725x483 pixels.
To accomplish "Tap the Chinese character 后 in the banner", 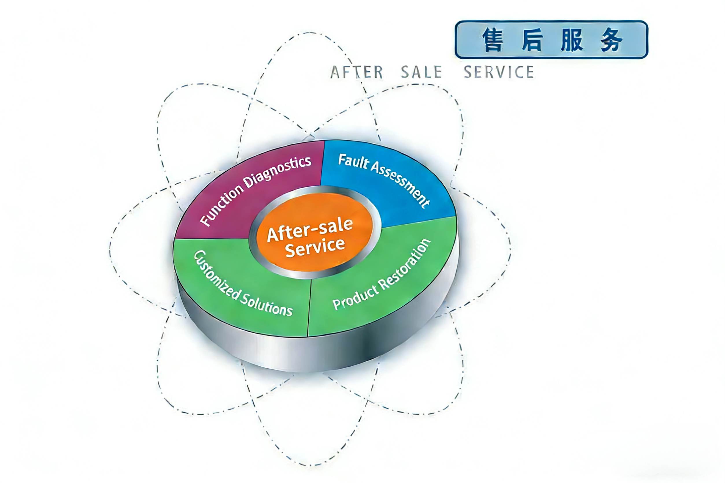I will [532, 40].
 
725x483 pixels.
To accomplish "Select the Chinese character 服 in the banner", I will [572, 40].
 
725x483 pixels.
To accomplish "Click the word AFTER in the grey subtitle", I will [357, 73].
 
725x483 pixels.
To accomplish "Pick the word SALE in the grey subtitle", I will [421, 73].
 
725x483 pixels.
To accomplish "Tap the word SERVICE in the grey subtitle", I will [499, 73].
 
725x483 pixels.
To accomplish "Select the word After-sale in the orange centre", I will [310, 229].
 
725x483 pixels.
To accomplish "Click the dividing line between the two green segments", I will [310, 308].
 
